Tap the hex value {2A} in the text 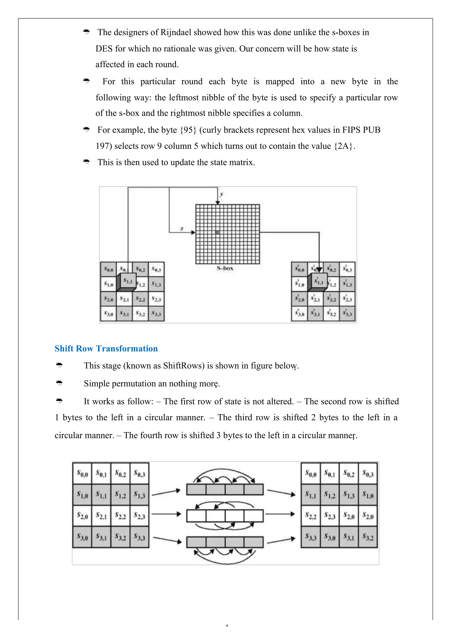tap(344, 146)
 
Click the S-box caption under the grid tap(225, 268)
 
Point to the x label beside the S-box tap(182, 228)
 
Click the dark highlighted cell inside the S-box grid tap(218, 232)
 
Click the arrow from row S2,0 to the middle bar tap(166, 514)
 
